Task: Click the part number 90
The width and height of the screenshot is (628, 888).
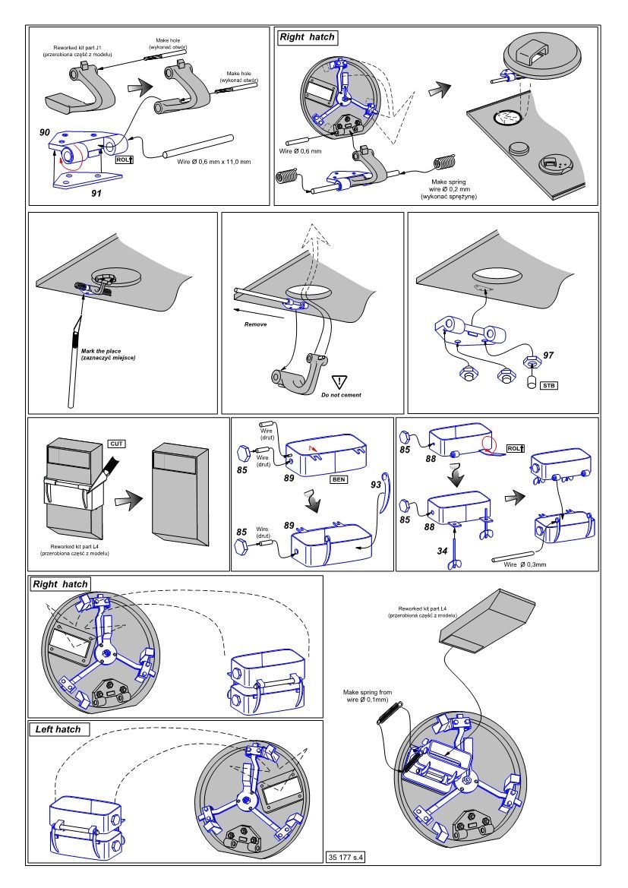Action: pos(46,133)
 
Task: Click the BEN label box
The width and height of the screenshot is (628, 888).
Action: pos(338,480)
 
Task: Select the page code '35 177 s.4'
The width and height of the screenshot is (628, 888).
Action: pos(346,858)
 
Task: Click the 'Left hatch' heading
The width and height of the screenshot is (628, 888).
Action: pos(58,729)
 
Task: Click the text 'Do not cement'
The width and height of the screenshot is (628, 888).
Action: pos(340,395)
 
